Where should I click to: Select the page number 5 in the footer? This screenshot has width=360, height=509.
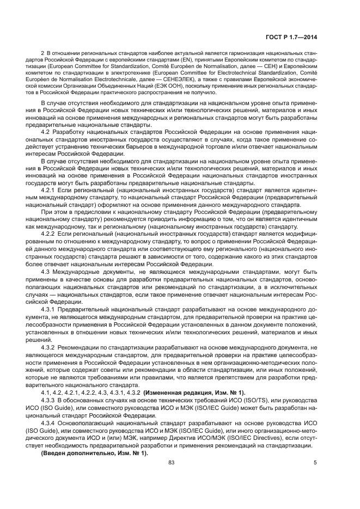(x=315, y=462)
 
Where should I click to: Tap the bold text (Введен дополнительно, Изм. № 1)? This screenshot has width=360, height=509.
(x=94, y=451)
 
